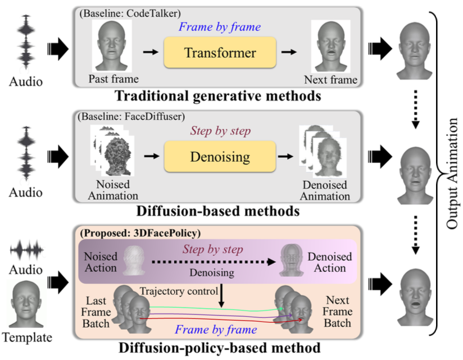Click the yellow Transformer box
click(x=220, y=53)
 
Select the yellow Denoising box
click(x=220, y=156)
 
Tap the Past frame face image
click(x=114, y=44)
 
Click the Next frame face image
click(x=330, y=44)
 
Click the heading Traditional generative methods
click(x=217, y=96)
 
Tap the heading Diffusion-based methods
click(x=217, y=212)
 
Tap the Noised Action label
click(x=102, y=262)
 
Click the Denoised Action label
click(x=329, y=262)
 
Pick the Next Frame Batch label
click(x=337, y=312)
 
